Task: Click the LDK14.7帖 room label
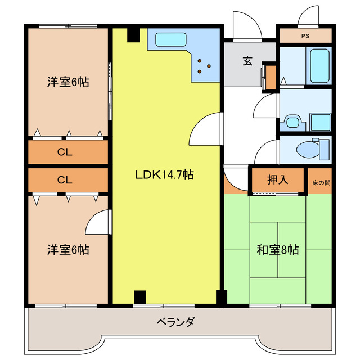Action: click(164, 175)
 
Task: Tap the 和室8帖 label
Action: click(277, 250)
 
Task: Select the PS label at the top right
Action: click(305, 35)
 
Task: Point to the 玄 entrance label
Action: click(247, 61)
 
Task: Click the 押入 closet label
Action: click(277, 180)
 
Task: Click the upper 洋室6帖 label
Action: click(67, 82)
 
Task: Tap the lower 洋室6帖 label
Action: click(67, 249)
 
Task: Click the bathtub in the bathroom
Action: click(319, 65)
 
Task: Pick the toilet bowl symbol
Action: click(309, 150)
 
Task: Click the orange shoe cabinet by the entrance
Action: click(271, 78)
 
